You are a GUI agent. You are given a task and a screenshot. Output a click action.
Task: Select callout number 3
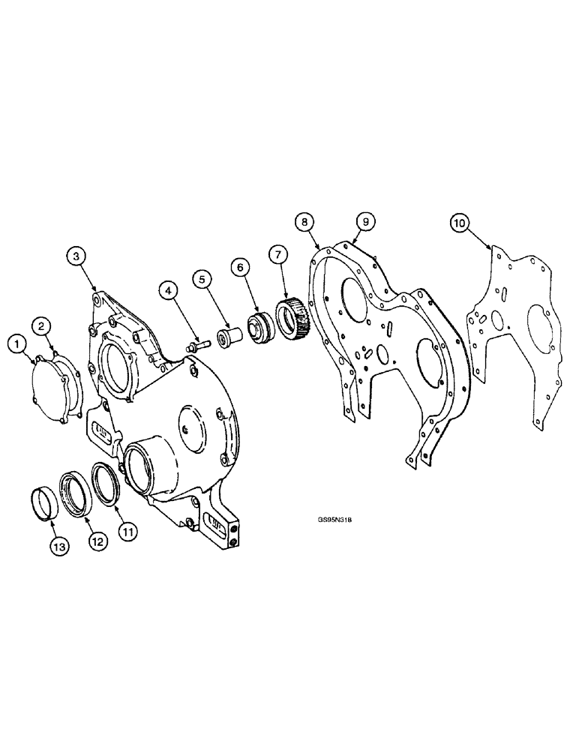(76, 256)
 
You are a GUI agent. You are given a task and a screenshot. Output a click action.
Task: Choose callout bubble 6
(240, 265)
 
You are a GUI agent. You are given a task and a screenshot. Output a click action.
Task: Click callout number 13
(59, 547)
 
